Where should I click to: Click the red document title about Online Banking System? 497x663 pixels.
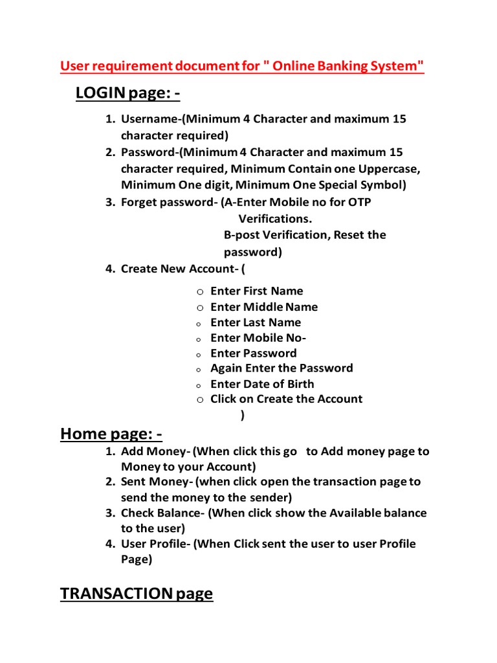(x=242, y=66)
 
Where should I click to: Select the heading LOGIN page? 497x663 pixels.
(x=127, y=94)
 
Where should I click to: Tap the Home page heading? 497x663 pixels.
(x=111, y=433)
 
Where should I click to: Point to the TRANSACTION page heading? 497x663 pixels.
(x=137, y=593)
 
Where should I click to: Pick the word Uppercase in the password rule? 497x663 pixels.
(x=390, y=168)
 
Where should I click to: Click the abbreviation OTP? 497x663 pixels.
(x=360, y=202)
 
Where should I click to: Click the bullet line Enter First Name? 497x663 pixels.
(x=256, y=291)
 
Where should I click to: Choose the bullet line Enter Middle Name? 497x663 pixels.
(x=264, y=307)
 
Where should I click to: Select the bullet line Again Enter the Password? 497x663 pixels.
(x=282, y=368)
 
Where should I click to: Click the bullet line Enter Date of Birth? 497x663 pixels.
(x=262, y=384)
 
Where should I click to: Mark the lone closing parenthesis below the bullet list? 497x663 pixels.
(x=243, y=416)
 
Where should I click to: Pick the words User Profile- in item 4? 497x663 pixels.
(x=155, y=544)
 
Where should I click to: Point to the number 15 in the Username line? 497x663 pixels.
(x=399, y=119)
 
